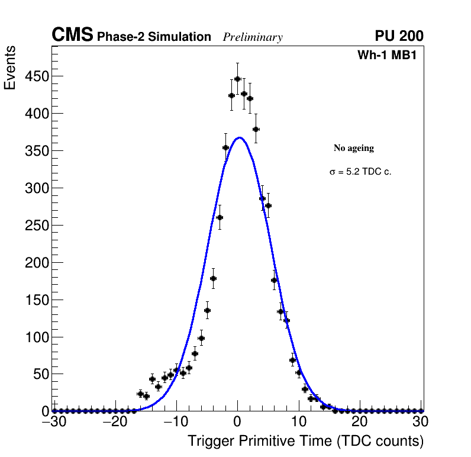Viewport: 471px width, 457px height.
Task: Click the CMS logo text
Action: [72, 36]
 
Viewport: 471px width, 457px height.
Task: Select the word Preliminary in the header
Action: [253, 37]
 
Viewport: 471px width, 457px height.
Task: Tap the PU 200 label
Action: [399, 36]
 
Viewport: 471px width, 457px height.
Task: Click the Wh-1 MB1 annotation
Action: [390, 55]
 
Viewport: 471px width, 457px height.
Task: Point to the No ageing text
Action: [353, 148]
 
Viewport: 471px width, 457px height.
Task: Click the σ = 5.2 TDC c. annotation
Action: [360, 172]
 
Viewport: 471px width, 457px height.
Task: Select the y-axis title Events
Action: [10, 68]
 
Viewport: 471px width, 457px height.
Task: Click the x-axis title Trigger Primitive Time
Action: [305, 441]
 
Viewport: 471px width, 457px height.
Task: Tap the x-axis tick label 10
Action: [299, 422]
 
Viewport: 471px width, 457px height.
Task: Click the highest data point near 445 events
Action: [237, 79]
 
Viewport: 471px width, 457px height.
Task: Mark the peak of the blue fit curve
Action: [238, 138]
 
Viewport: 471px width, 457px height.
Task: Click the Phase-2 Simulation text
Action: [154, 37]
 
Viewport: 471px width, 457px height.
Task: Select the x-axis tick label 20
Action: [360, 422]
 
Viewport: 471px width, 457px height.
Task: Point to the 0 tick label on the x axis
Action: [237, 422]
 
